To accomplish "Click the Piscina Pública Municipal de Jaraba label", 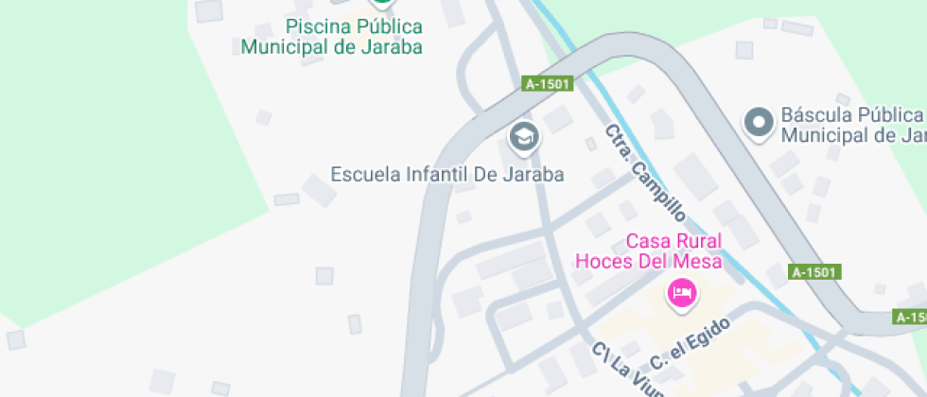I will (331, 37).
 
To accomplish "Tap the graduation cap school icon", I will (523, 138).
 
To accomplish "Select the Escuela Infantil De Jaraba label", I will (447, 174).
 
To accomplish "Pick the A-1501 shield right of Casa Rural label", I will (814, 272).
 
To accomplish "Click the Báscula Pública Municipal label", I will (851, 125).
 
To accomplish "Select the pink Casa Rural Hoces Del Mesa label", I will (649, 250).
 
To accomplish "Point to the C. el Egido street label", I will (691, 343).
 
